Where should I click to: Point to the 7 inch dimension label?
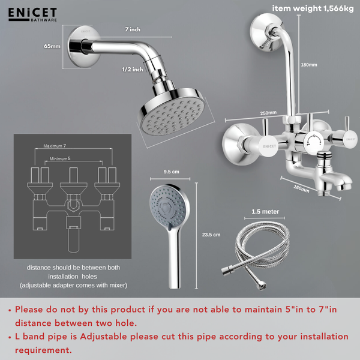(x=133, y=29)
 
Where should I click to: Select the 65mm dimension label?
(x=52, y=46)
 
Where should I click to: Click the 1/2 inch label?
(x=133, y=70)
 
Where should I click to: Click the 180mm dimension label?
(x=308, y=65)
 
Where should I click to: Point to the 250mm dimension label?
(x=268, y=112)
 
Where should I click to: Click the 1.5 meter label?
(x=265, y=211)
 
